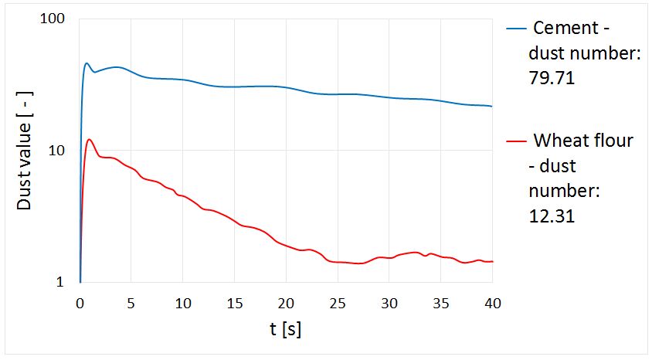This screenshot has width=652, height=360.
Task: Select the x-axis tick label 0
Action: pyautogui.click(x=80, y=302)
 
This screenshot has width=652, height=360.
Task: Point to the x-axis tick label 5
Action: pyautogui.click(x=131, y=302)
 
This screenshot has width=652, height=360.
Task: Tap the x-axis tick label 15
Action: pyautogui.click(x=234, y=302)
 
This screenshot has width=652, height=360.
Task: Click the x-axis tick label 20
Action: pyautogui.click(x=286, y=302)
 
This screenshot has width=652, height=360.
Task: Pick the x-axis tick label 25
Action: pyautogui.click(x=338, y=302)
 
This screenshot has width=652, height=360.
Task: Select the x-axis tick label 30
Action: pyautogui.click(x=389, y=302)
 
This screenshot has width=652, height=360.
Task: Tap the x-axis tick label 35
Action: pyautogui.click(x=440, y=302)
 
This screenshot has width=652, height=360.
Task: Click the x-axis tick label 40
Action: pyautogui.click(x=491, y=302)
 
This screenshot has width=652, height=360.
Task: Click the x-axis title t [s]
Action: pyautogui.click(x=285, y=330)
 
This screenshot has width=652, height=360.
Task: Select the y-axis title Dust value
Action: pyautogui.click(x=25, y=151)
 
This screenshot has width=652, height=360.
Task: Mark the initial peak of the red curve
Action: pyautogui.click(x=90, y=139)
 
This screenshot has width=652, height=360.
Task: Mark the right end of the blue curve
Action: pyautogui.click(x=491, y=106)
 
